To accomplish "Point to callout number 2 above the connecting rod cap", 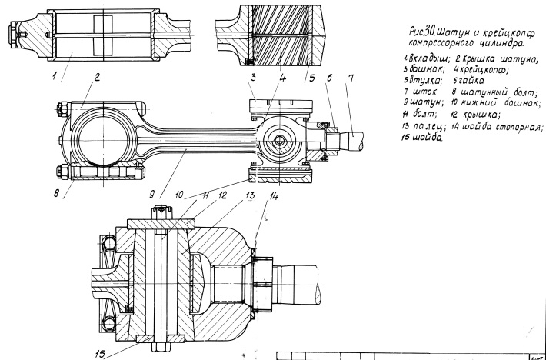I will coord(98,76).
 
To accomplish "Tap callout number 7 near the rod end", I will coord(351,78).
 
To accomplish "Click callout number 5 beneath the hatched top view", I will coord(311,76).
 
